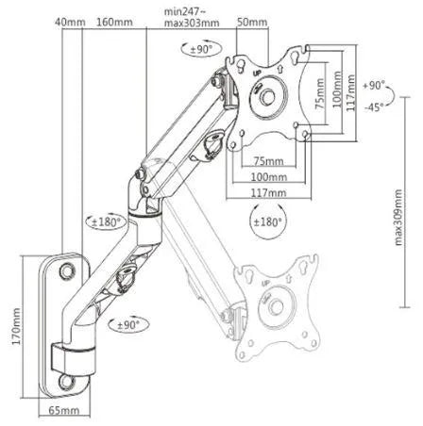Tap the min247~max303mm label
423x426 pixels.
[192, 16]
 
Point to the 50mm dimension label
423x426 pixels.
[250, 22]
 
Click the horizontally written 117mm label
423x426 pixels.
[271, 192]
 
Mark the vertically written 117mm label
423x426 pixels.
[351, 95]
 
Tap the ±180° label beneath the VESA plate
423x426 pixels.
[268, 222]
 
